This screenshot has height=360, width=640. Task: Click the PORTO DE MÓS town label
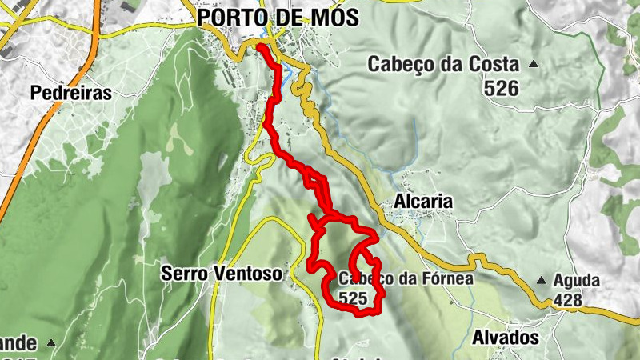coord(278,17)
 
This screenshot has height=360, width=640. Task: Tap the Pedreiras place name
coord(70,93)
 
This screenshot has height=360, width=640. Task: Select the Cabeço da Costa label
coord(443,65)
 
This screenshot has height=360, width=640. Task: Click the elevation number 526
coord(501,89)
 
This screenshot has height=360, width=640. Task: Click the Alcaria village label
coord(423,202)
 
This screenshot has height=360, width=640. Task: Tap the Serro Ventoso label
coord(222,274)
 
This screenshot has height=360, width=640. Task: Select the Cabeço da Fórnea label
coord(406,279)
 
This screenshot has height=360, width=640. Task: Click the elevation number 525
coord(353,298)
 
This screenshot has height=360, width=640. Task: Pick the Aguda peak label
coord(579,281)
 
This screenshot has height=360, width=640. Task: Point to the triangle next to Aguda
coord(542,281)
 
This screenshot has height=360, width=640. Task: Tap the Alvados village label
coord(505,338)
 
